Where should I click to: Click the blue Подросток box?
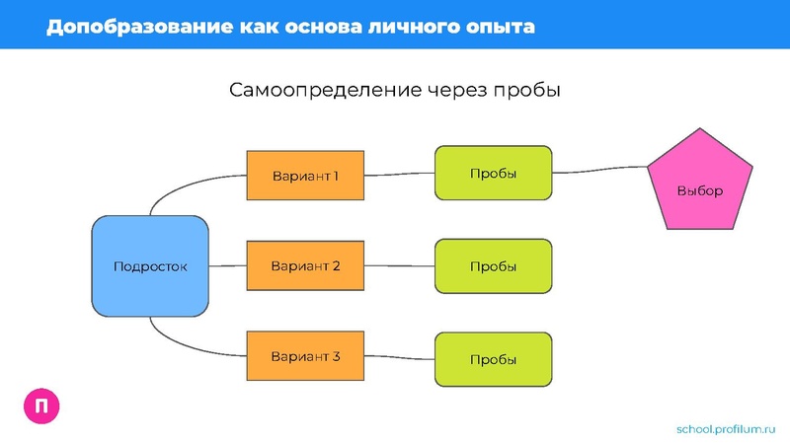click(150, 266)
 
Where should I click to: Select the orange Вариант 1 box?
click(305, 177)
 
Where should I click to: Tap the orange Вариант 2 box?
click(305, 266)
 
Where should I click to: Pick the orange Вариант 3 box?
click(305, 356)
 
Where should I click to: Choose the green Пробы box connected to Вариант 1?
click(493, 174)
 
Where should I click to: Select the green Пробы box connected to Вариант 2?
click(493, 266)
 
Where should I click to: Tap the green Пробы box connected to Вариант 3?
click(493, 360)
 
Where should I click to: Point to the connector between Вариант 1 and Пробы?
click(400, 175)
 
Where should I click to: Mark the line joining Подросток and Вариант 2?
click(227, 266)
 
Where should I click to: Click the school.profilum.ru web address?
click(726, 428)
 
